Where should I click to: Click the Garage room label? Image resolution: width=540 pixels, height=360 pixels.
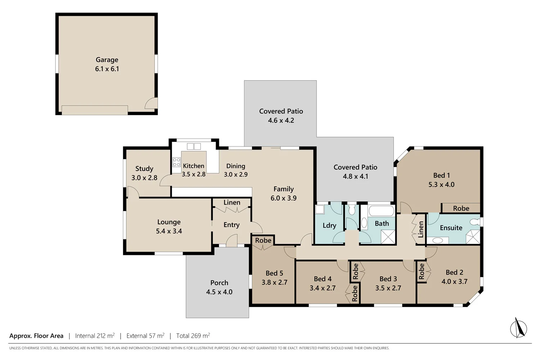[x=107, y=60]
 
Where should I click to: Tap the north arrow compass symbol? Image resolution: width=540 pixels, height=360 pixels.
[x=518, y=328]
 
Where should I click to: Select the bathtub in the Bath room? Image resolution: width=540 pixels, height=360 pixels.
[x=381, y=211]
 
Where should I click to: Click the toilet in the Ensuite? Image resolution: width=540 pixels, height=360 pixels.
[x=476, y=222]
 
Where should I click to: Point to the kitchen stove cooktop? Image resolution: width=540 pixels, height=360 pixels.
[x=176, y=162]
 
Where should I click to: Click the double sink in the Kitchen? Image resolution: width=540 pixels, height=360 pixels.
[x=194, y=147]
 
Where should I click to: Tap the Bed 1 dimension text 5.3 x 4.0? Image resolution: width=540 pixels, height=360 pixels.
[x=441, y=185]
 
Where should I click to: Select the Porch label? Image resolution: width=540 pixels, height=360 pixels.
[x=219, y=283]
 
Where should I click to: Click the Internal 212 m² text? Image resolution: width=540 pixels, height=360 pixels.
[x=95, y=336]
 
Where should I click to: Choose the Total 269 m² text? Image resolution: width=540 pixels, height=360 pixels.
[x=193, y=336]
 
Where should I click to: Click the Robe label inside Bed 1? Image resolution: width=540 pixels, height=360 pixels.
[x=461, y=208]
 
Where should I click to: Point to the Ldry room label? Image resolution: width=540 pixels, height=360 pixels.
[x=329, y=225]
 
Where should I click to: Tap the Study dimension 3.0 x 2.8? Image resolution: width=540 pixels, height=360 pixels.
[x=144, y=178]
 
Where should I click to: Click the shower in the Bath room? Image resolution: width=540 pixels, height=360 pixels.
[x=388, y=237]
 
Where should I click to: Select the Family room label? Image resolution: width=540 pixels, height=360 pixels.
[x=283, y=189]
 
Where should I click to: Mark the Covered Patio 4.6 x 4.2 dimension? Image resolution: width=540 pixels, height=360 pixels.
[x=281, y=121]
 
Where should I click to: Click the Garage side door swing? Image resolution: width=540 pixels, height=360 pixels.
[x=150, y=103]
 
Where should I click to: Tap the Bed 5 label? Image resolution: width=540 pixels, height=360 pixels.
[x=274, y=273]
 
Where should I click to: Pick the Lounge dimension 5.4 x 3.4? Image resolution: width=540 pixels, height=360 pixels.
[x=169, y=231]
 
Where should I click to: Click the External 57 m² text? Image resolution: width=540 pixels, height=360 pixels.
[x=145, y=336]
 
